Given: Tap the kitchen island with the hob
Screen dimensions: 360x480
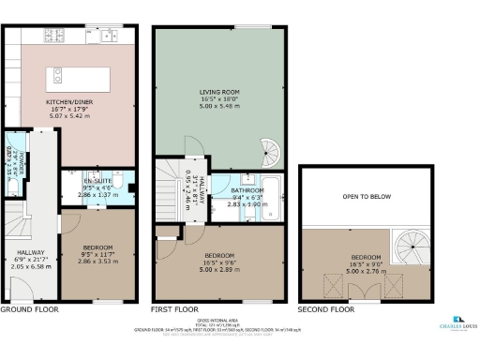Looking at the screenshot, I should click(x=82, y=76).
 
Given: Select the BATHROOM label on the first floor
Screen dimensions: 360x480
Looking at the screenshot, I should click(x=247, y=190).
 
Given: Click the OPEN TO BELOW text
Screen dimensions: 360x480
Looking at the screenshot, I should click(x=366, y=197).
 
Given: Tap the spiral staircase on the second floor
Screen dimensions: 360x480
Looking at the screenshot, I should click(x=409, y=247).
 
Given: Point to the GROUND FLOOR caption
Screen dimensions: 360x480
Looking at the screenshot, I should click(x=29, y=308).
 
